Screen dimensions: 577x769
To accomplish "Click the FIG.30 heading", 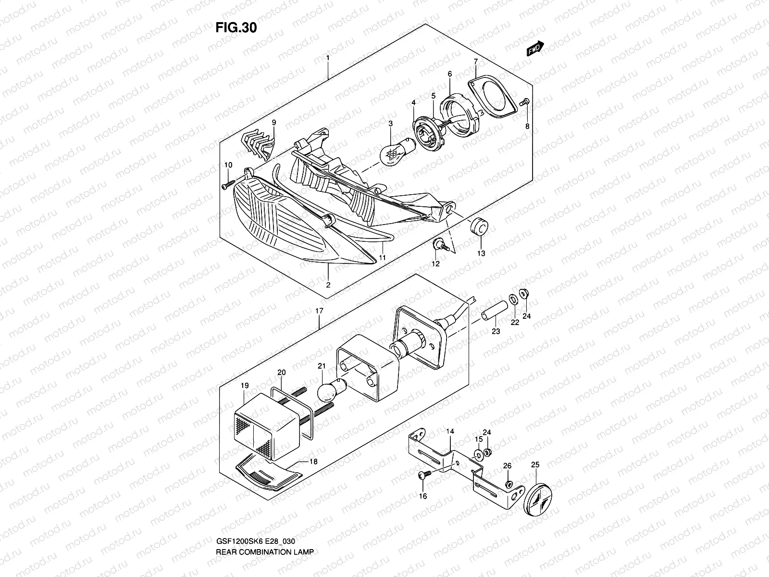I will [x=236, y=28].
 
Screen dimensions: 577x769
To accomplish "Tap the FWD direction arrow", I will [x=535, y=49].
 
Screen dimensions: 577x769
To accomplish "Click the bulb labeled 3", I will [x=391, y=153].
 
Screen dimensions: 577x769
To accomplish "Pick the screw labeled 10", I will [x=228, y=184].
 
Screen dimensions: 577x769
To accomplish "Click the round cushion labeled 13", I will [x=478, y=227].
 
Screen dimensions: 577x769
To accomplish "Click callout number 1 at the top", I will [x=328, y=58].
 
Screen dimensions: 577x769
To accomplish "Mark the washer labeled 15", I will [x=479, y=454].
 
